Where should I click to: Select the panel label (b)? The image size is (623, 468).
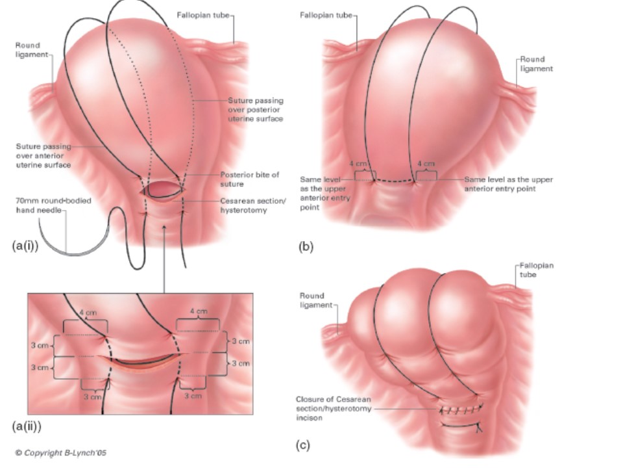pos(306,246)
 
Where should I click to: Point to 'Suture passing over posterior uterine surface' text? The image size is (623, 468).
pos(255,110)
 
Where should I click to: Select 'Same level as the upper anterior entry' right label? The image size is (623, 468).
pos(509,185)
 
